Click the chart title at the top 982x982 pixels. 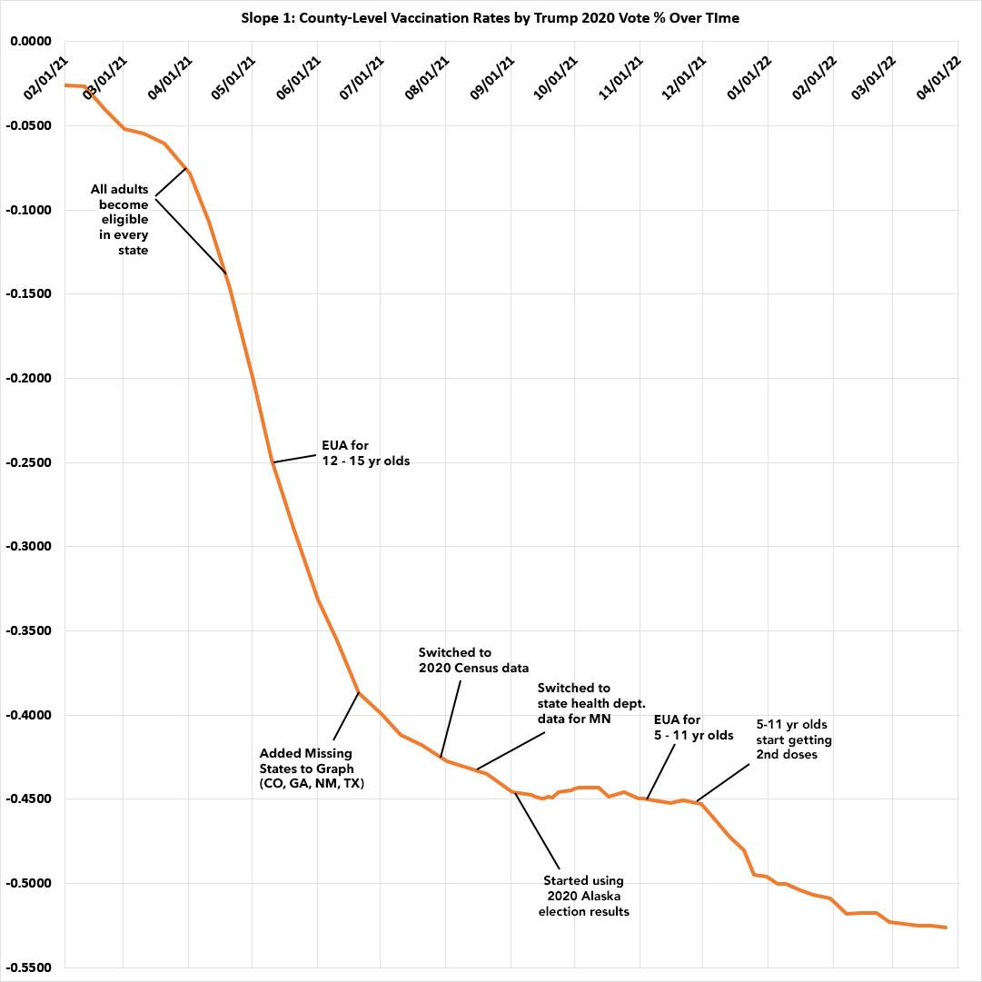click(x=491, y=17)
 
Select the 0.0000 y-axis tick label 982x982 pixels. click(x=31, y=42)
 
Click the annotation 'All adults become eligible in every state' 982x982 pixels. click(x=119, y=220)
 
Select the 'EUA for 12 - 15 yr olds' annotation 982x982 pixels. click(x=365, y=453)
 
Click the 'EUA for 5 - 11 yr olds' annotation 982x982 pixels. click(x=693, y=728)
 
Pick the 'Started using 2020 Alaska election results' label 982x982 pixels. click(x=583, y=896)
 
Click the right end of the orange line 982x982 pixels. click(x=946, y=927)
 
